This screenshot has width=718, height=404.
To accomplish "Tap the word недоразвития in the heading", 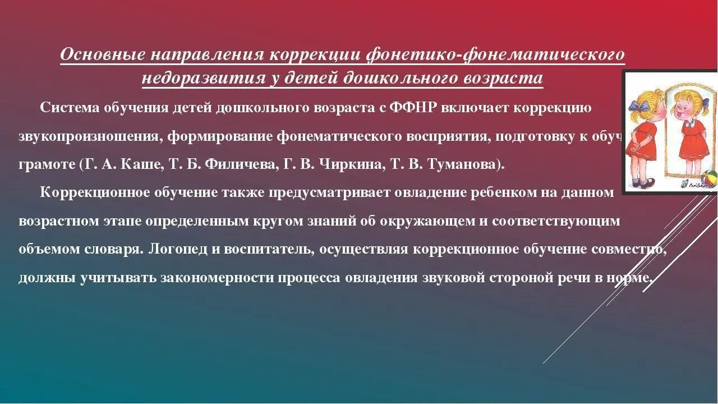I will coord(204,78).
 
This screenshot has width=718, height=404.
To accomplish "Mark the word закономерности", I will coord(215,278).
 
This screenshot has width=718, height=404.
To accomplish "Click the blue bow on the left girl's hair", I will coord(637,104).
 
